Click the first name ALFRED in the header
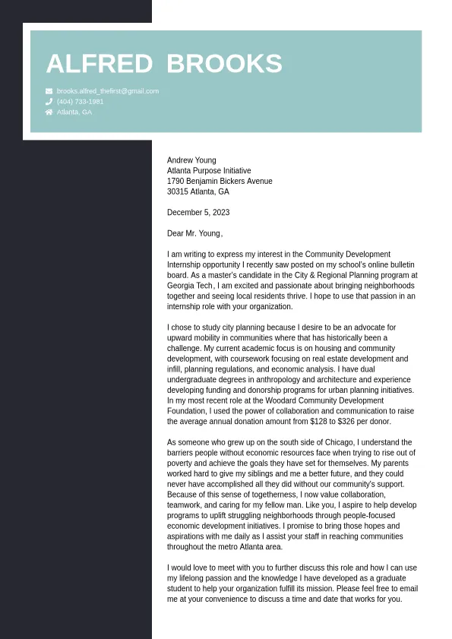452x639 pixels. (100, 64)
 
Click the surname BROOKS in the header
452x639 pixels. (224, 64)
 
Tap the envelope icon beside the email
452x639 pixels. (49, 91)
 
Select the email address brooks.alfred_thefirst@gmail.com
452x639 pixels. (108, 91)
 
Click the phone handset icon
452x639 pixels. (49, 101)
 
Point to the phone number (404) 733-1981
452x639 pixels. (80, 101)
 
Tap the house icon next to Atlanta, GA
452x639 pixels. (49, 112)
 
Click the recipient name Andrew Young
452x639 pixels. (191, 160)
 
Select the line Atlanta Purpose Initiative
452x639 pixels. (209, 171)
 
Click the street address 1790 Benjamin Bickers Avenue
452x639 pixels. (220, 182)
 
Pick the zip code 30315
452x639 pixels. (178, 192)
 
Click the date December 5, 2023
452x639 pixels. (198, 213)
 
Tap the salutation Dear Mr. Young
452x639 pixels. (194, 233)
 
